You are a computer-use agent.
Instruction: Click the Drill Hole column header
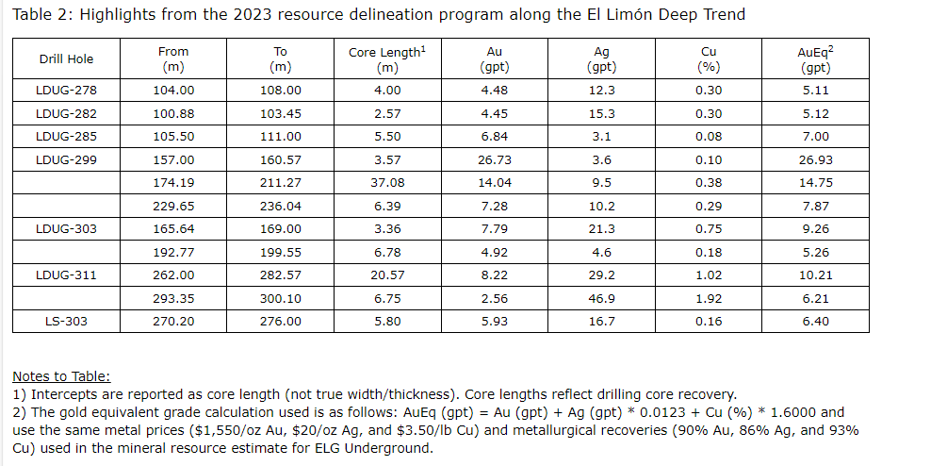[x=66, y=59]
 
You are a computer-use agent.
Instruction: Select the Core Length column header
[x=386, y=59]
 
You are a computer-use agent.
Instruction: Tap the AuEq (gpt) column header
[x=815, y=59]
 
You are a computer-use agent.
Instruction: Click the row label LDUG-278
[x=66, y=91]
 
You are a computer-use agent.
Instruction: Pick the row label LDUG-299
[x=66, y=160]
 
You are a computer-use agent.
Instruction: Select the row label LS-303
[x=66, y=322]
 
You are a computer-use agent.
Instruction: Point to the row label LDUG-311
[x=66, y=275]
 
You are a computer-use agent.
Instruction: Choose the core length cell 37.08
[x=386, y=183]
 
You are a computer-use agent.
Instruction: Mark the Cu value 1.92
[x=709, y=298]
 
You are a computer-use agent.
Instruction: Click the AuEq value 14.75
[x=815, y=183]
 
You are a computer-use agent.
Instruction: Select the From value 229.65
[x=173, y=207]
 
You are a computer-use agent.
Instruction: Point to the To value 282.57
[x=280, y=275]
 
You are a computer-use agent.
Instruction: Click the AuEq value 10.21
[x=815, y=275]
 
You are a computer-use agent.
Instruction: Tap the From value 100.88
[x=173, y=113]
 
